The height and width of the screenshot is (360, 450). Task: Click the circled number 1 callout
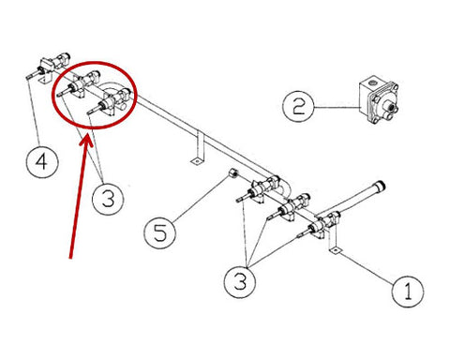tap(408, 292)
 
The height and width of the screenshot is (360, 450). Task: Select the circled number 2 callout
tap(298, 107)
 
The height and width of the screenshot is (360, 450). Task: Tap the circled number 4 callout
tap(41, 162)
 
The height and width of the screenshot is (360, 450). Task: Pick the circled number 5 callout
tap(159, 232)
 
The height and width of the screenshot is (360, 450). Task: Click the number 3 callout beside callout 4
tap(108, 200)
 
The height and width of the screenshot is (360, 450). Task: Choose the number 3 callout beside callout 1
tap(240, 282)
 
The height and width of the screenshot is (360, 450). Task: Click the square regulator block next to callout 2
tap(378, 99)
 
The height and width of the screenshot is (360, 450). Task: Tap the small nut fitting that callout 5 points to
tap(233, 172)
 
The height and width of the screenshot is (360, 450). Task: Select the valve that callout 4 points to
tap(49, 68)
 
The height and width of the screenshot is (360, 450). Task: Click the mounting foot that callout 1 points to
tap(335, 250)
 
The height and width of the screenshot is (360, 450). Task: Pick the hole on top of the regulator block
tap(372, 83)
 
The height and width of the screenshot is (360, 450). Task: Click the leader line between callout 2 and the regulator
tap(337, 108)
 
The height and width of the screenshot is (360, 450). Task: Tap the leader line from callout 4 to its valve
tap(34, 112)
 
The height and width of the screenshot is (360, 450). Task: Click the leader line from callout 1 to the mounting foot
tap(367, 269)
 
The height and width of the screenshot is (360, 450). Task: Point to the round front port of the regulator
tap(388, 107)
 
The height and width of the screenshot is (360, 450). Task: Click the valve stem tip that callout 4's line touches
tap(27, 76)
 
